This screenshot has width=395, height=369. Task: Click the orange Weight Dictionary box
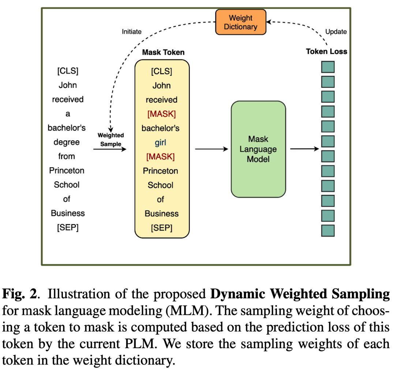tap(240, 22)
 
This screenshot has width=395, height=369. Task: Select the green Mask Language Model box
tap(258, 149)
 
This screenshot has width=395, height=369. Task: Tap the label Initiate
tap(131, 32)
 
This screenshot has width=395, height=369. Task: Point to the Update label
tap(336, 32)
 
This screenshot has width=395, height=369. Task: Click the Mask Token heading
tap(163, 52)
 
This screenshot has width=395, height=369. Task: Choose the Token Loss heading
tap(327, 52)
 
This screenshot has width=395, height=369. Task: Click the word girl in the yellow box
tap(161, 143)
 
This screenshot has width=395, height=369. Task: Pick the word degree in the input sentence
tap(67, 142)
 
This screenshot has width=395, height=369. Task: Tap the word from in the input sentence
tap(67, 156)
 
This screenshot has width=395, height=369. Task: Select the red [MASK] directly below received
tap(161, 114)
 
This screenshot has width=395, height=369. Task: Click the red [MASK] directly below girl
tap(161, 157)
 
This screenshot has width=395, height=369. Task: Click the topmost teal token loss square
tap(328, 67)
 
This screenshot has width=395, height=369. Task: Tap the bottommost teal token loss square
tap(328, 231)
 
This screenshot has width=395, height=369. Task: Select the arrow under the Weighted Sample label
tap(110, 149)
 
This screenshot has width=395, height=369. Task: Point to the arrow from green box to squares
tap(305, 149)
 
